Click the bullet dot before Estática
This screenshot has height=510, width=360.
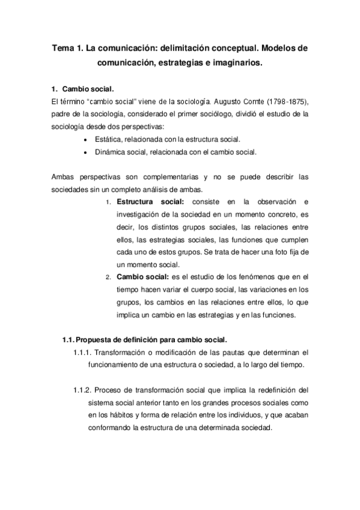pyautogui.click(x=88, y=140)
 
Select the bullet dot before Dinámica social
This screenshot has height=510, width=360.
pyautogui.click(x=88, y=152)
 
